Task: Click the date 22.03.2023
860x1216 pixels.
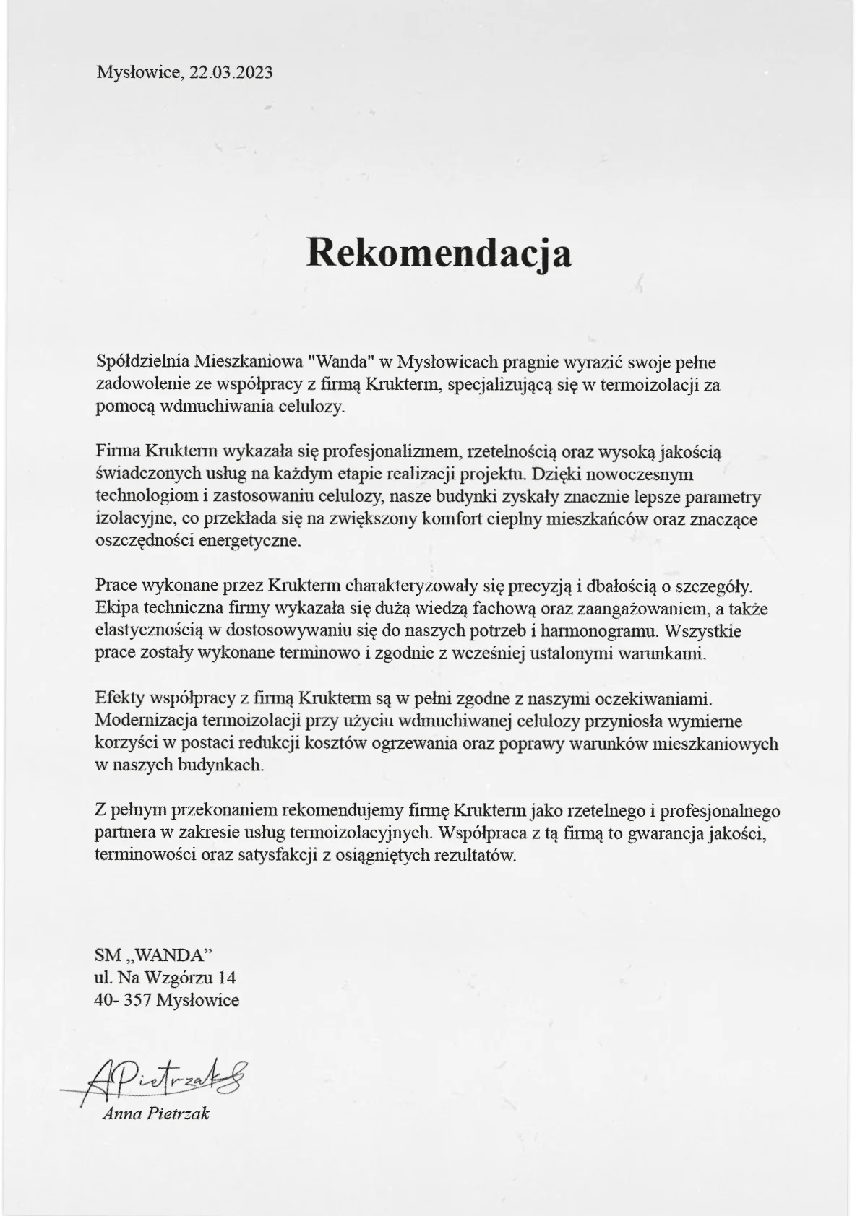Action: (x=231, y=72)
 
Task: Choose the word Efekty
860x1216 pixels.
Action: (x=119, y=698)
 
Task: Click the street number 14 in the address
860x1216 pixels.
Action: (x=226, y=978)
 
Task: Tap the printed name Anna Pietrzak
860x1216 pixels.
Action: (x=156, y=1113)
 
